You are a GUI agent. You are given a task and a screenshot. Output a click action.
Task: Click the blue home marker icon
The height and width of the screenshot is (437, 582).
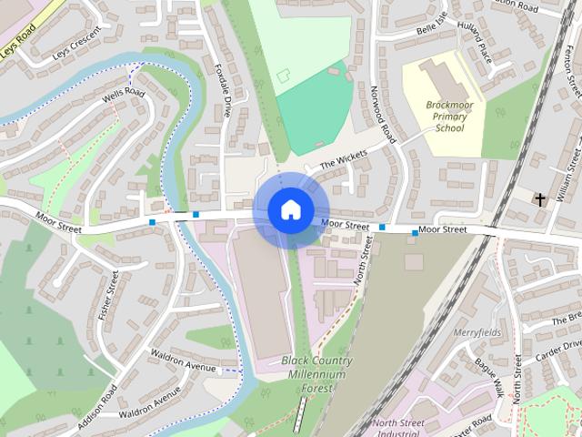coord(289,210)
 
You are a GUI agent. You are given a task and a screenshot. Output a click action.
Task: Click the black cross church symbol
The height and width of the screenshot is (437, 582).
coord(540,198)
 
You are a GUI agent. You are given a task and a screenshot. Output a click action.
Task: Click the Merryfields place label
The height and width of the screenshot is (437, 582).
coord(477,332)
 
